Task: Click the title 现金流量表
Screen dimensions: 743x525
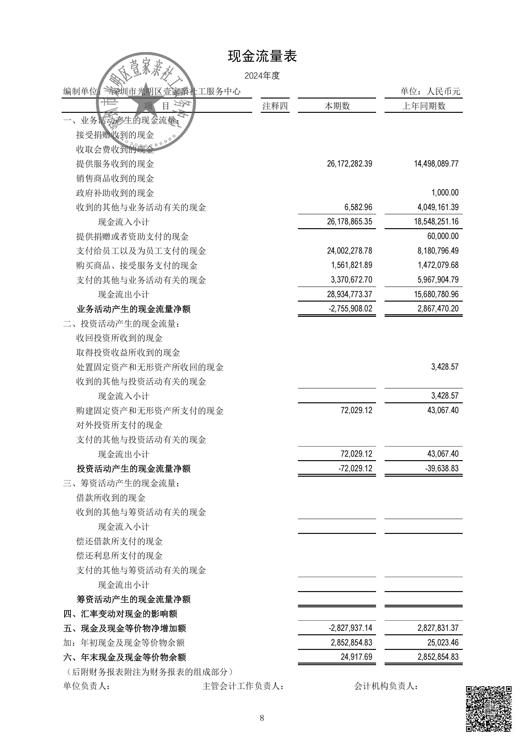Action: (262, 56)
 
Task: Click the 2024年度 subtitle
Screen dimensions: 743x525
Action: (262, 76)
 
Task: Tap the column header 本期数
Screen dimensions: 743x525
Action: (337, 106)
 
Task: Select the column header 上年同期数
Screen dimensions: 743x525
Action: (424, 106)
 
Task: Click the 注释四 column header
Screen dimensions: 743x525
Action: (275, 106)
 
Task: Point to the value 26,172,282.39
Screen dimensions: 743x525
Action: (349, 164)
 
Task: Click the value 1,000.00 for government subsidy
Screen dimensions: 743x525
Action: (445, 193)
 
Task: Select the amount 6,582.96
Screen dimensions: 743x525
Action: (358, 207)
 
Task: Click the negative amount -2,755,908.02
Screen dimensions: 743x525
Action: (350, 309)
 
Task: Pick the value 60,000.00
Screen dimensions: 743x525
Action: (443, 236)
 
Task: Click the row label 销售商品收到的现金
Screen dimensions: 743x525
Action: (115, 179)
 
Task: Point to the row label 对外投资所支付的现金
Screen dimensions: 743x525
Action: (119, 425)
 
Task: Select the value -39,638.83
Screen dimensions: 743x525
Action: (442, 468)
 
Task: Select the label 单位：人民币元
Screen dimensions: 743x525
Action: (430, 92)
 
